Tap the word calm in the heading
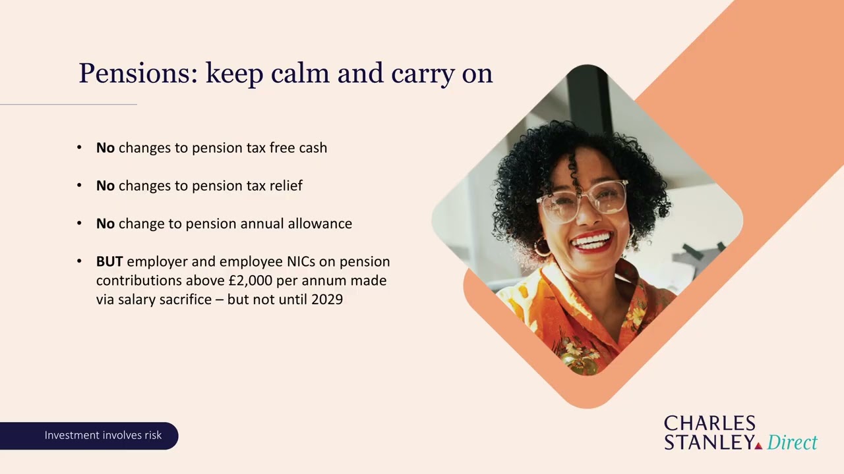point(299,73)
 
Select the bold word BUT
point(109,261)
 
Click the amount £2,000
point(250,280)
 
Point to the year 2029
point(327,300)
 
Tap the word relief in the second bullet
point(284,186)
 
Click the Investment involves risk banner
point(103,435)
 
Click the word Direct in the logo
point(792,442)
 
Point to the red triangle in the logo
point(758,446)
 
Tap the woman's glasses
point(582,200)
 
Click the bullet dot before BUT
point(80,261)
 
